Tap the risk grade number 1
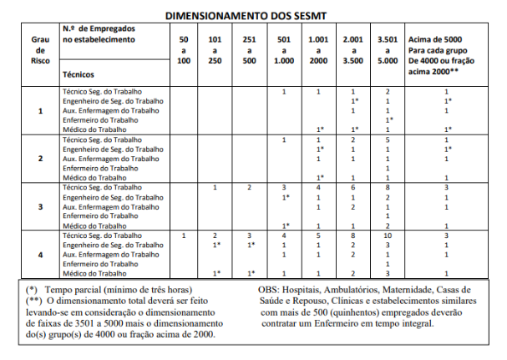coord(41,110)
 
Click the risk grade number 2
coord(41,157)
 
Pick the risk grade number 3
coord(41,205)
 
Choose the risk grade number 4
coord(41,253)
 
